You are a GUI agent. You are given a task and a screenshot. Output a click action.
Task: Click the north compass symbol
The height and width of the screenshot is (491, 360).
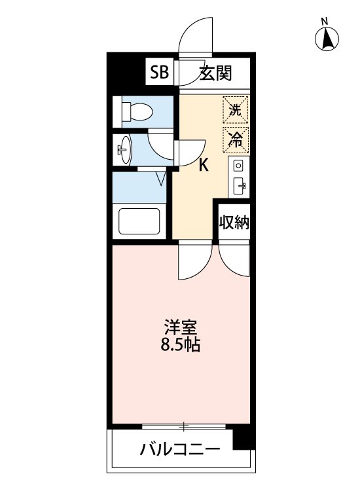(x=327, y=39)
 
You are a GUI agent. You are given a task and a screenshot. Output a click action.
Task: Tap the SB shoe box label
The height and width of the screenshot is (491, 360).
(x=159, y=73)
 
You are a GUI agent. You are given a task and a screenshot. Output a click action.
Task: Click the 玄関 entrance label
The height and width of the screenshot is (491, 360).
(x=215, y=73)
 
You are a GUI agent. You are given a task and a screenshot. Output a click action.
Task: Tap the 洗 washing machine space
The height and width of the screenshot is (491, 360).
(x=236, y=109)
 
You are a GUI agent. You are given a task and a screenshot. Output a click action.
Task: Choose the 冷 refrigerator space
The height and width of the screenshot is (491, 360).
(x=236, y=138)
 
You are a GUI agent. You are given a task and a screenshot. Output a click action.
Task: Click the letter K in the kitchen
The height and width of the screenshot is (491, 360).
(x=204, y=166)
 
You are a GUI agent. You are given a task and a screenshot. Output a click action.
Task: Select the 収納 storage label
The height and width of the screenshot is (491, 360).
(x=234, y=223)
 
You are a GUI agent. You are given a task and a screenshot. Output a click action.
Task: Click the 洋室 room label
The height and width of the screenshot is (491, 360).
(x=181, y=326)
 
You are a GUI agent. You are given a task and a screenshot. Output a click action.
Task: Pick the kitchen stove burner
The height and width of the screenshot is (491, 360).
(x=238, y=165)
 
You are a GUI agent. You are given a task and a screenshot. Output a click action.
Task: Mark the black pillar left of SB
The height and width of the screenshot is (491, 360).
(x=126, y=72)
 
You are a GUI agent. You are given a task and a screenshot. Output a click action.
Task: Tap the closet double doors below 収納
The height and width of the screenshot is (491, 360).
(x=234, y=259)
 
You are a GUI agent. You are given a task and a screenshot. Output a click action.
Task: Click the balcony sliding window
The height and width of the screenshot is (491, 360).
(x=184, y=427)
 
